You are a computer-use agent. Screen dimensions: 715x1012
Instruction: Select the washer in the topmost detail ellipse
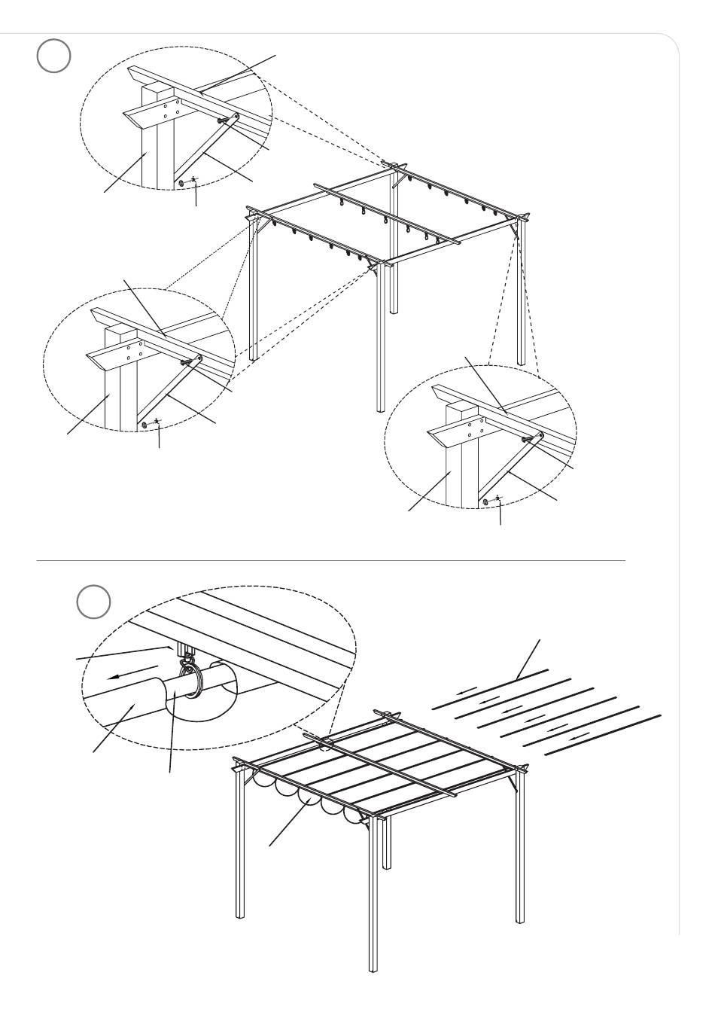coord(182,181)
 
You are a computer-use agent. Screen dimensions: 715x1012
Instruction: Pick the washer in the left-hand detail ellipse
coord(144,425)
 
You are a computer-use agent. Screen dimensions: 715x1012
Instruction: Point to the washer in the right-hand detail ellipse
coord(486,501)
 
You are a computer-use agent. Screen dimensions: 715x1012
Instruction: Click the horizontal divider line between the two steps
coord(331,561)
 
